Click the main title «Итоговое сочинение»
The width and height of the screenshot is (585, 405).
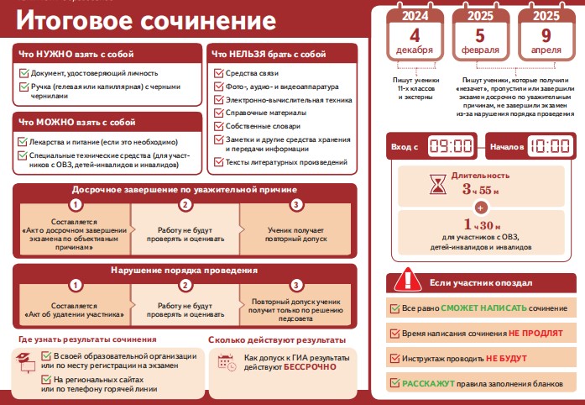click(146, 20)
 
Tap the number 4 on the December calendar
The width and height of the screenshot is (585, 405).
click(415, 35)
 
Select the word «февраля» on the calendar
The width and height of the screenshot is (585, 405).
click(480, 50)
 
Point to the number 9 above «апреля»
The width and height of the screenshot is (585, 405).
click(546, 35)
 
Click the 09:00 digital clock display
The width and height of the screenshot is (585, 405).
click(451, 145)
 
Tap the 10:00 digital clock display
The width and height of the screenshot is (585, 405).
click(550, 145)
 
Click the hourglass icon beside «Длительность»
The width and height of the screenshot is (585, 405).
click(437, 185)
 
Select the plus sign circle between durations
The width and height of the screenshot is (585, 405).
click(481, 208)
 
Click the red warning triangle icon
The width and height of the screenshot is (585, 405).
click(408, 280)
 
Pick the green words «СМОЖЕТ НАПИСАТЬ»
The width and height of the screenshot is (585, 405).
click(484, 308)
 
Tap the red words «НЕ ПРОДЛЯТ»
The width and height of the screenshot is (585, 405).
click(535, 334)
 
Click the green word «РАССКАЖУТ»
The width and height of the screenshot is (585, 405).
click(428, 384)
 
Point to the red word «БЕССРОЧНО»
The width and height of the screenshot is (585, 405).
click(310, 367)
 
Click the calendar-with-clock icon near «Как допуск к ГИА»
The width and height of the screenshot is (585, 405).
click(227, 362)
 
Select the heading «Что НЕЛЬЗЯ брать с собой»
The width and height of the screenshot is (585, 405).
click(269, 54)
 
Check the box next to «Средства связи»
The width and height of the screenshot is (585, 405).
click(218, 73)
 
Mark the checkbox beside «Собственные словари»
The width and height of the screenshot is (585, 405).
click(218, 126)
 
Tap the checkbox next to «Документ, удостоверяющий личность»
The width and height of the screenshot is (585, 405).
click(24, 73)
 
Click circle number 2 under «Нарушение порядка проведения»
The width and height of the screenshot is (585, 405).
click(185, 285)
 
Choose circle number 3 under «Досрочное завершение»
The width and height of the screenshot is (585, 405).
click(296, 204)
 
